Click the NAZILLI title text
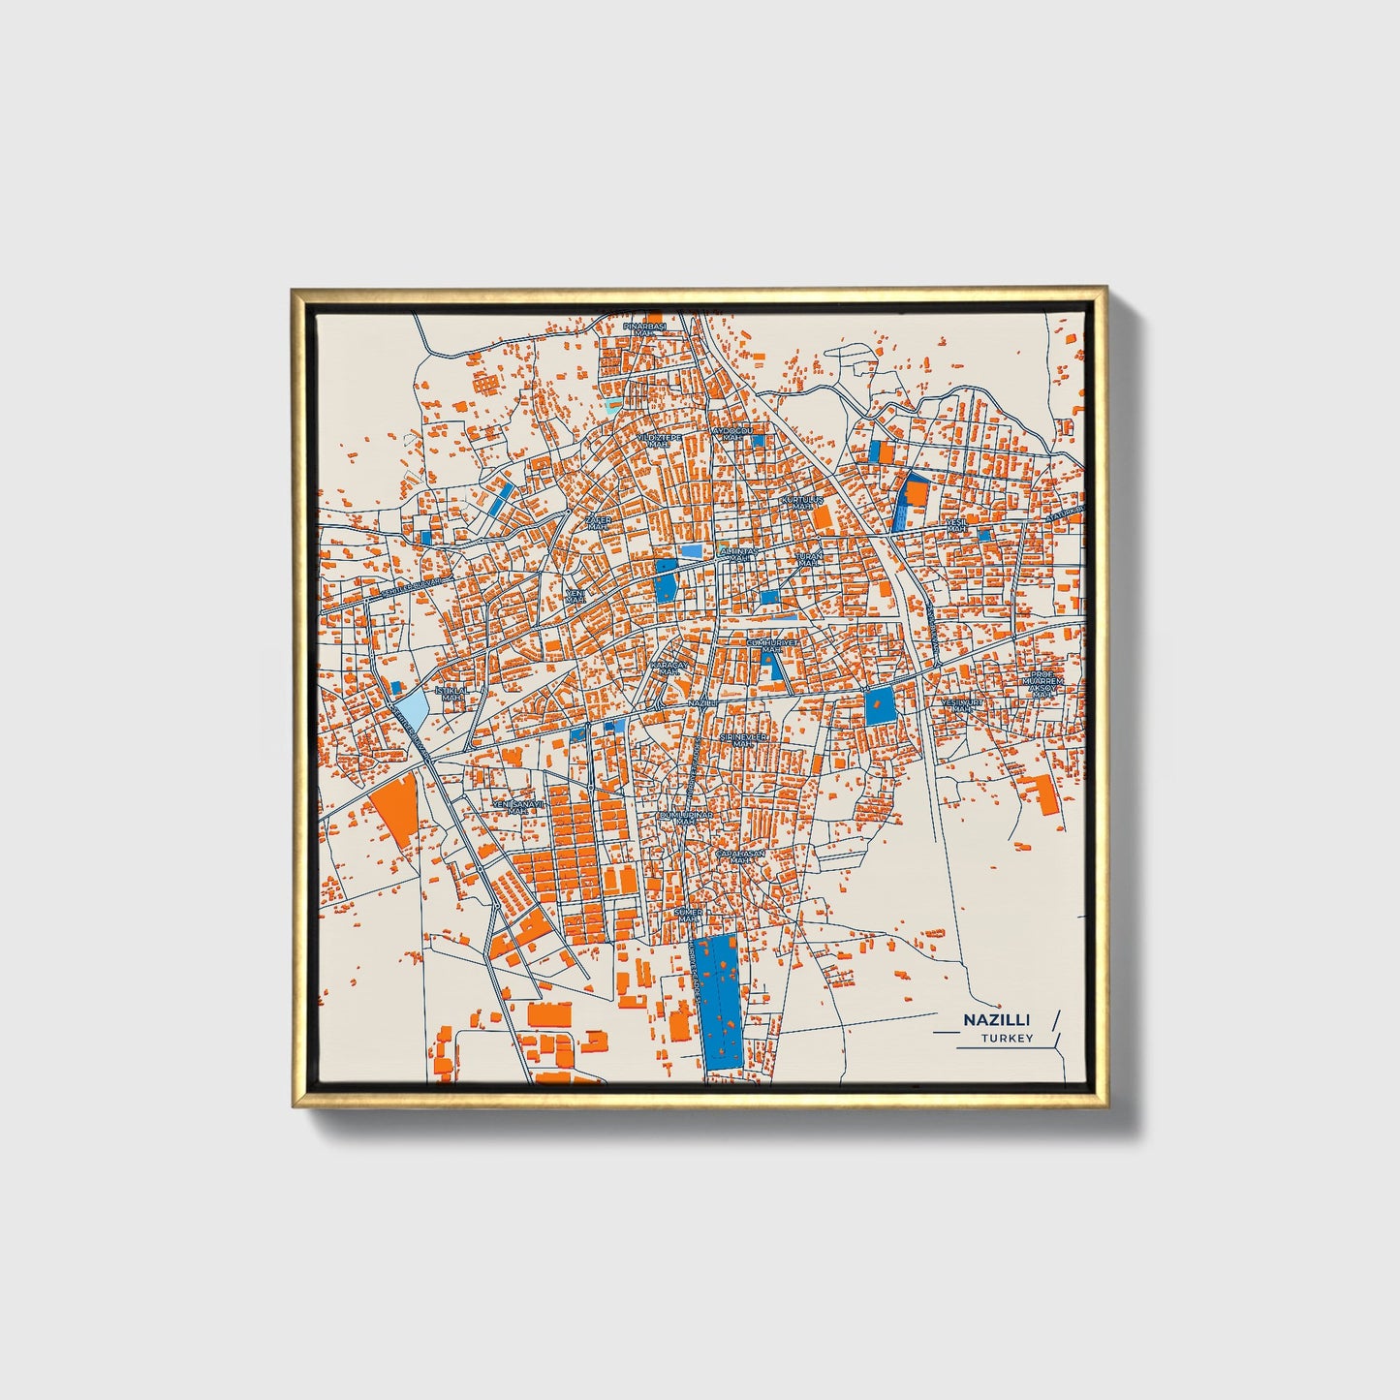[x=996, y=1020]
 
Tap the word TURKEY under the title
[x=1006, y=1039]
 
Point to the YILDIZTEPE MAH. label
[x=659, y=441]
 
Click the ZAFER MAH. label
[x=598, y=523]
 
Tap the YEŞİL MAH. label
[x=956, y=525]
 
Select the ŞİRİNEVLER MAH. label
[x=743, y=739]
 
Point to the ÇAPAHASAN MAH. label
[x=740, y=856]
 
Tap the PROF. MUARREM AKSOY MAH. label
[x=1042, y=684]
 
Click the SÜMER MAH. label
[x=688, y=914]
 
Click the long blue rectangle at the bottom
[x=719, y=1002]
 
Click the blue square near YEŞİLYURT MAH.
[x=880, y=706]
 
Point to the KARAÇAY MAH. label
[x=669, y=669]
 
